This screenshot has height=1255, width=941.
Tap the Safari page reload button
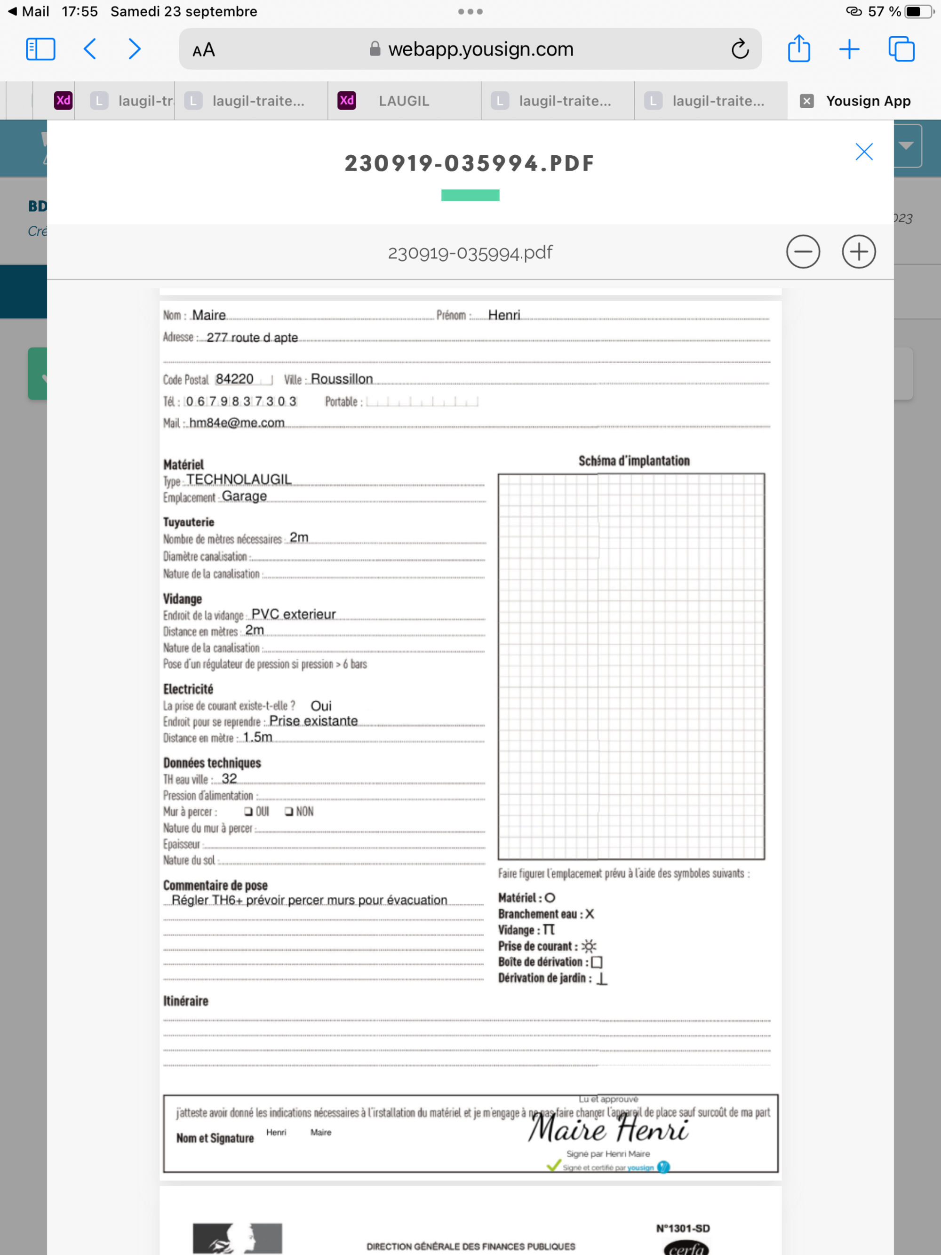pos(740,49)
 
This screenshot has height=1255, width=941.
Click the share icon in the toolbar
pos(798,49)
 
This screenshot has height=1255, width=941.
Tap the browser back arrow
pos(89,49)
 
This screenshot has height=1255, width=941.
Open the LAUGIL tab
pos(403,101)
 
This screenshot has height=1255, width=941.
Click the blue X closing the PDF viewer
pos(863,152)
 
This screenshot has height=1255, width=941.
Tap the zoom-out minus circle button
pos(803,252)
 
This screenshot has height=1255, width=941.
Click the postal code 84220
pos(234,379)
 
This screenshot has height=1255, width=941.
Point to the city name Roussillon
pos(342,379)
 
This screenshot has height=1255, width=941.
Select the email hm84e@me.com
pos(237,423)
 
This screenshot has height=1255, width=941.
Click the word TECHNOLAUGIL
pos(239,480)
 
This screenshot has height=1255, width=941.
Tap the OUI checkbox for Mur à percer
pos(248,811)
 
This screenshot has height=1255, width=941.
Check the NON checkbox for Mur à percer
pos(289,811)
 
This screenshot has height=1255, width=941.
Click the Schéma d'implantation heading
pos(634,461)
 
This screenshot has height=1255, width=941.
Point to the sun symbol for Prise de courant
pos(589,946)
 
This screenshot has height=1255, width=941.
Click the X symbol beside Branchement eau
pos(590,913)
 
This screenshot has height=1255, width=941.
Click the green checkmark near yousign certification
pos(553,1166)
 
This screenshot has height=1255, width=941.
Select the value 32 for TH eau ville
pos(229,778)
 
